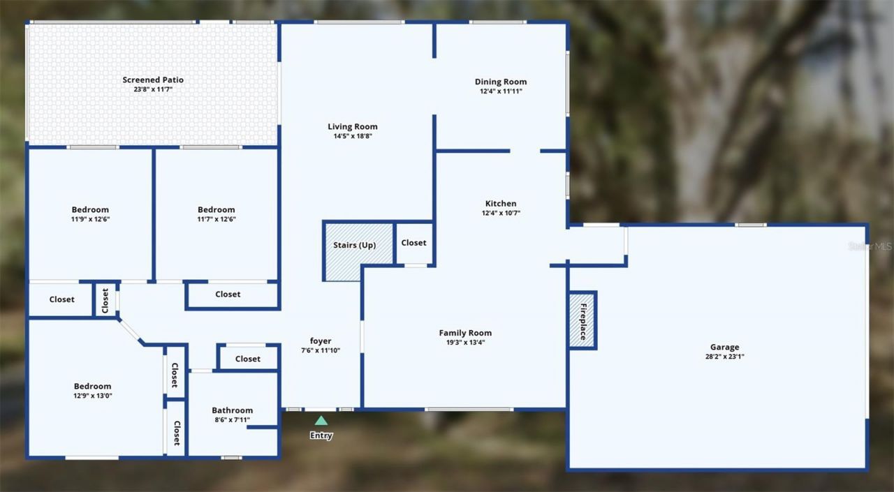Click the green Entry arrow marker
(x=321, y=420)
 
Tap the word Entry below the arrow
(x=321, y=435)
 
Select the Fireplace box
(x=582, y=320)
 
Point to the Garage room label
(x=724, y=347)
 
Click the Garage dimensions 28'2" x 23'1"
(x=724, y=357)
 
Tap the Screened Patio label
(x=153, y=80)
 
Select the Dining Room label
(x=501, y=82)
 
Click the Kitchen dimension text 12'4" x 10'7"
(x=501, y=214)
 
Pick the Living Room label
(x=353, y=126)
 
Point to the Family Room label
(x=465, y=333)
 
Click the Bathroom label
(x=233, y=410)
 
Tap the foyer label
(x=321, y=341)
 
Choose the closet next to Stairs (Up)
(x=413, y=243)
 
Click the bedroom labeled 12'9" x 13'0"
(x=93, y=391)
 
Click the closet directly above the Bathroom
(x=247, y=359)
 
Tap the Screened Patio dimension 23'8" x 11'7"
(x=153, y=90)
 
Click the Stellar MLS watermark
(x=870, y=246)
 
